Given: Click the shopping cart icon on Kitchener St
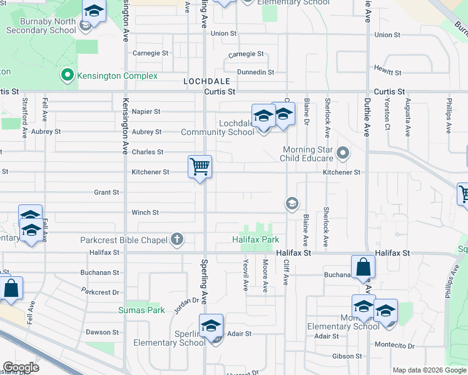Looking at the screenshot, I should [x=200, y=167].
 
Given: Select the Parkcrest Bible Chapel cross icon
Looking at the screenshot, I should [x=177, y=239].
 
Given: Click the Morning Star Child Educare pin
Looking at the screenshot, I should [x=342, y=152].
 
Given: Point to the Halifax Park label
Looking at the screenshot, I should [x=255, y=239].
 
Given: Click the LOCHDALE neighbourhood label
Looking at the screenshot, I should [x=207, y=81].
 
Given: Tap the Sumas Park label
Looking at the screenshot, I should [x=142, y=310].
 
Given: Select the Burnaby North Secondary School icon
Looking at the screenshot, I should [x=94, y=12].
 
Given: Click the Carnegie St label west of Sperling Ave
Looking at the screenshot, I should [x=150, y=53].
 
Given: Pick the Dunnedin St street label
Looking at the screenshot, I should [x=255, y=72].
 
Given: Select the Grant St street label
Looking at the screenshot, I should [x=106, y=192].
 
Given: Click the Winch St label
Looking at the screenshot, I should [x=145, y=212].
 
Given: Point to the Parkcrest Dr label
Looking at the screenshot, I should [x=100, y=292].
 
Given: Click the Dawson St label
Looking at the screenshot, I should [x=102, y=332].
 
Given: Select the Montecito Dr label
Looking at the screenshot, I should [x=394, y=345].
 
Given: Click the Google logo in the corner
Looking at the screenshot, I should [x=21, y=367].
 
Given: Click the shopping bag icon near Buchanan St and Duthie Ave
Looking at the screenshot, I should [x=363, y=267].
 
